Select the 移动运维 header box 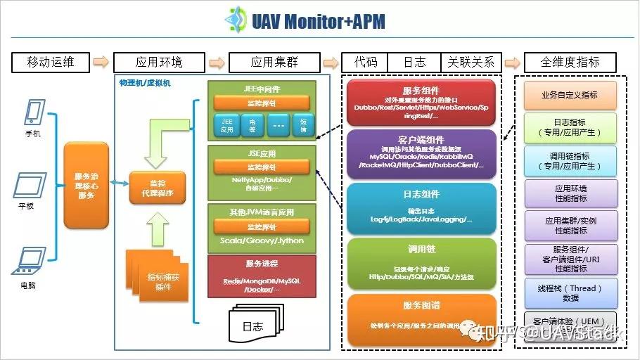click(x=50, y=62)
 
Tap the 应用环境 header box click(x=159, y=62)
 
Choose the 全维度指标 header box click(x=570, y=62)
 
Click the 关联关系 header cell click(x=471, y=62)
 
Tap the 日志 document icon click(x=252, y=326)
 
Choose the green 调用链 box click(x=422, y=264)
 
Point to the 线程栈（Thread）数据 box click(x=570, y=293)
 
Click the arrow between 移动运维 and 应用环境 click(x=101, y=62)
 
